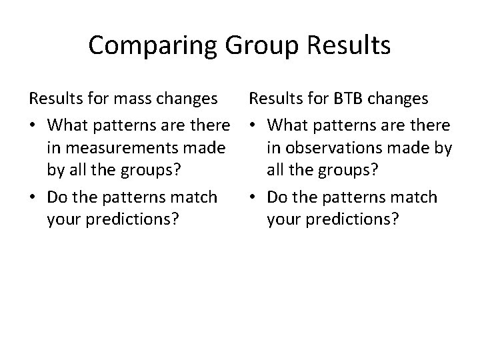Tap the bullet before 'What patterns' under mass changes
[x=32, y=125]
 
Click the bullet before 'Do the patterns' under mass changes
[x=32, y=198]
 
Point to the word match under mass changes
[x=193, y=197]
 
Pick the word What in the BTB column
[x=289, y=124]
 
